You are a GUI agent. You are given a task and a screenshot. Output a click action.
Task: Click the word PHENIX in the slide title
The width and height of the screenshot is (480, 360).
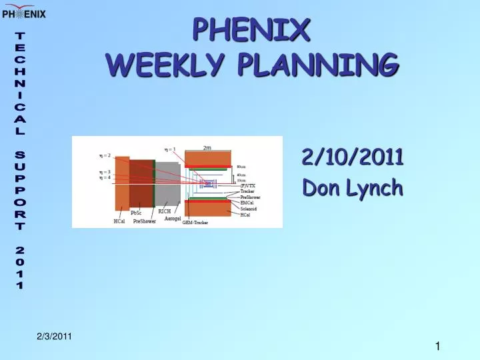click(251, 29)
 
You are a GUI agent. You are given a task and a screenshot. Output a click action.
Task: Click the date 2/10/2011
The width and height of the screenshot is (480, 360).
click(352, 157)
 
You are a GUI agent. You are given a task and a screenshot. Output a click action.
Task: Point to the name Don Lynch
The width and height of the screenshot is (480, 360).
click(352, 188)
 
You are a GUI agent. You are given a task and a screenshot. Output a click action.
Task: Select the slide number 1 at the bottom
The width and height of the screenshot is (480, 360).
click(437, 345)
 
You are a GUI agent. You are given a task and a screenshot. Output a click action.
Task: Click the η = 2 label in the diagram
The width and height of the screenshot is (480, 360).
click(105, 155)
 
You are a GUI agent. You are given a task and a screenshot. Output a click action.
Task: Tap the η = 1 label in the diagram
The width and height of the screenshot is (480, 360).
click(170, 149)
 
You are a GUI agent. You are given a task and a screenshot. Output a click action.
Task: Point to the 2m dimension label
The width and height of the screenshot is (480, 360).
click(207, 148)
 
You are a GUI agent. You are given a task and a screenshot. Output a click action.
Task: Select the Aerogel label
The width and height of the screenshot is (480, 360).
click(173, 219)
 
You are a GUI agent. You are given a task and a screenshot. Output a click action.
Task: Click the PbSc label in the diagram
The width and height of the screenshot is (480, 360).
click(137, 213)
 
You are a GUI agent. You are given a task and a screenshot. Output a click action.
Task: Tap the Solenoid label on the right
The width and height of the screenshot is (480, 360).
click(249, 209)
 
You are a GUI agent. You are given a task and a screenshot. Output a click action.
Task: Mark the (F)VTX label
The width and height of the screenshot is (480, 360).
click(248, 186)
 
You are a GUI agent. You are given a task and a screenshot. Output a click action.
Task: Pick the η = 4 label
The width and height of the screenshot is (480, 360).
click(105, 177)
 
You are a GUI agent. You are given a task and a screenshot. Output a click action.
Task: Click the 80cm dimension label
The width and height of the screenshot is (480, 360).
click(241, 166)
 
